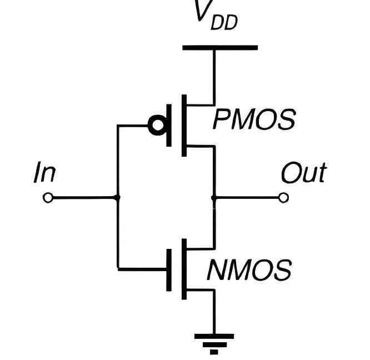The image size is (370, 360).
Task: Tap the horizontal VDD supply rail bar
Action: pyautogui.click(x=220, y=48)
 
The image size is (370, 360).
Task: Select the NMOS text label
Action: pyautogui.click(x=249, y=271)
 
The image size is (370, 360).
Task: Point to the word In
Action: pyautogui.click(x=44, y=173)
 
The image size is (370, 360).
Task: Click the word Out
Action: pyautogui.click(x=303, y=173)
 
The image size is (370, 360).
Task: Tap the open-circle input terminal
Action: pyautogui.click(x=48, y=198)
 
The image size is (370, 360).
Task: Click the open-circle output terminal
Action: pyautogui.click(x=284, y=198)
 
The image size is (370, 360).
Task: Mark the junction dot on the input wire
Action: pyautogui.click(x=117, y=198)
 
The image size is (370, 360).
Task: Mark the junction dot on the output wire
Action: pyautogui.click(x=214, y=198)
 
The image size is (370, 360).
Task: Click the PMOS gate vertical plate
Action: pyautogui.click(x=169, y=126)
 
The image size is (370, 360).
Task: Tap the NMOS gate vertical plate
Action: pyautogui.click(x=169, y=269)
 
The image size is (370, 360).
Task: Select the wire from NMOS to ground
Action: pyautogui.click(x=214, y=314)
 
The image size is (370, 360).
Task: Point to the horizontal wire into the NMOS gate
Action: pyautogui.click(x=142, y=269)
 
